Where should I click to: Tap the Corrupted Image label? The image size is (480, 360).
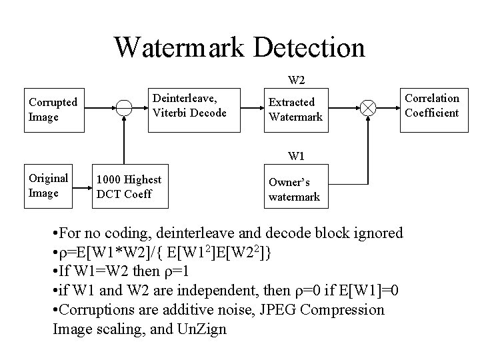53,109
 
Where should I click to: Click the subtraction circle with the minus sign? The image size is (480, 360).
123,109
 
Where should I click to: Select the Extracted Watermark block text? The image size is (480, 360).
295,109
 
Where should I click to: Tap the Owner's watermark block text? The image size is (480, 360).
294,189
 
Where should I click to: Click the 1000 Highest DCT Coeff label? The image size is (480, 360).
129,187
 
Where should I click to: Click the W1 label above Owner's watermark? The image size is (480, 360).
297,157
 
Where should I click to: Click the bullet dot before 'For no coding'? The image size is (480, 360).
55,234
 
